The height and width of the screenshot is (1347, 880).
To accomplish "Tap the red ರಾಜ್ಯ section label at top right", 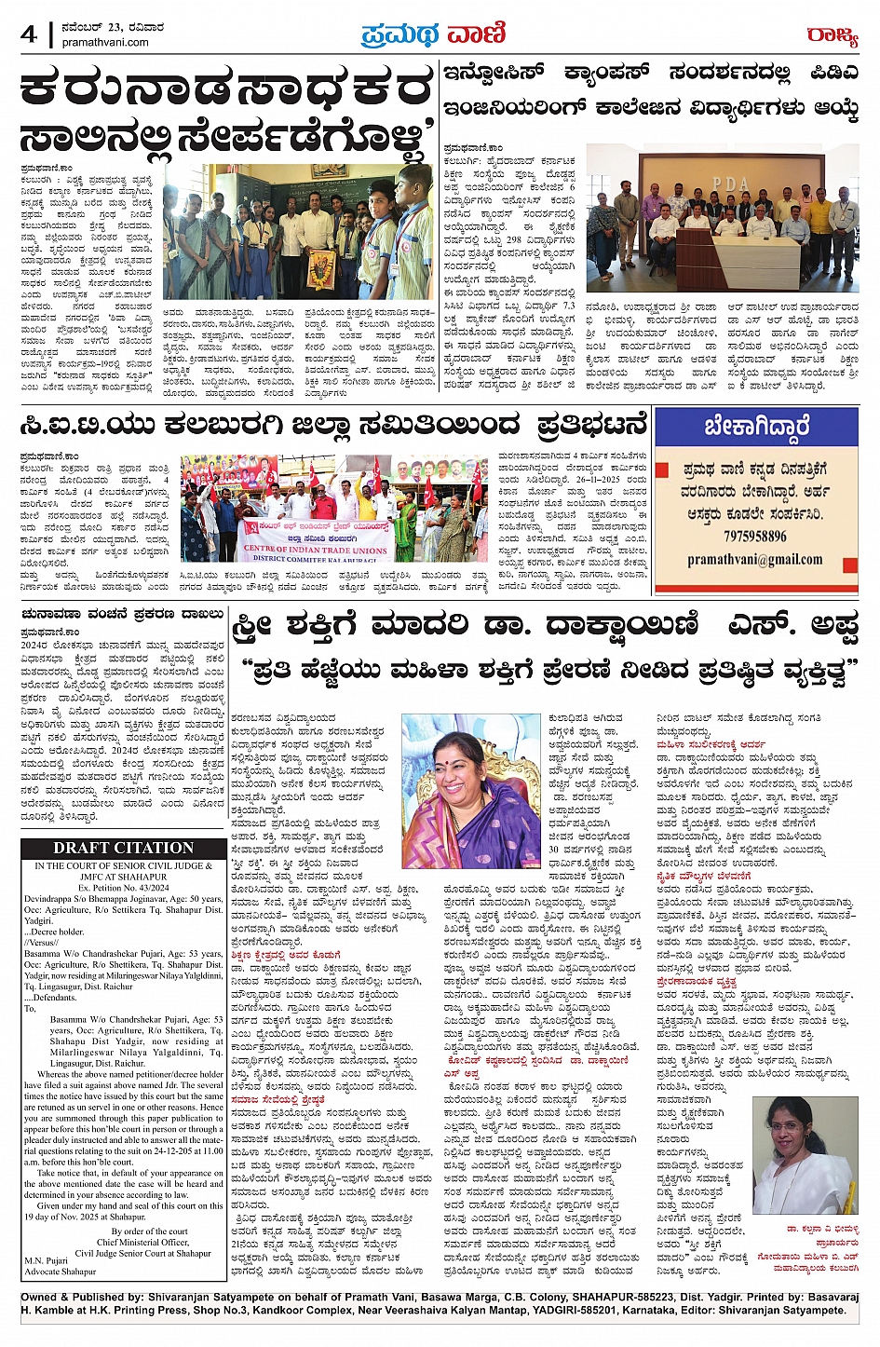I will pyautogui.click(x=832, y=35).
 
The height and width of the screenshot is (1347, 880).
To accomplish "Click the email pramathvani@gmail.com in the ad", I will pyautogui.click(x=755, y=559).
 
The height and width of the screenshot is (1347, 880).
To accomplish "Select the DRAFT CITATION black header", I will pyautogui.click(x=123, y=848).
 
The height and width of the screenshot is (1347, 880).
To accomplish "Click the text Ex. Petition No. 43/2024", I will pyautogui.click(x=123, y=888).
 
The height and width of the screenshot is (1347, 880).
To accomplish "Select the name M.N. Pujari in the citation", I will pyautogui.click(x=47, y=1261).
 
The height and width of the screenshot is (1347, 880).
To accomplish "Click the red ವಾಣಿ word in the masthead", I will pyautogui.click(x=475, y=35).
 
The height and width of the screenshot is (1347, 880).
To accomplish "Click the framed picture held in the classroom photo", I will pyautogui.click(x=322, y=268).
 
